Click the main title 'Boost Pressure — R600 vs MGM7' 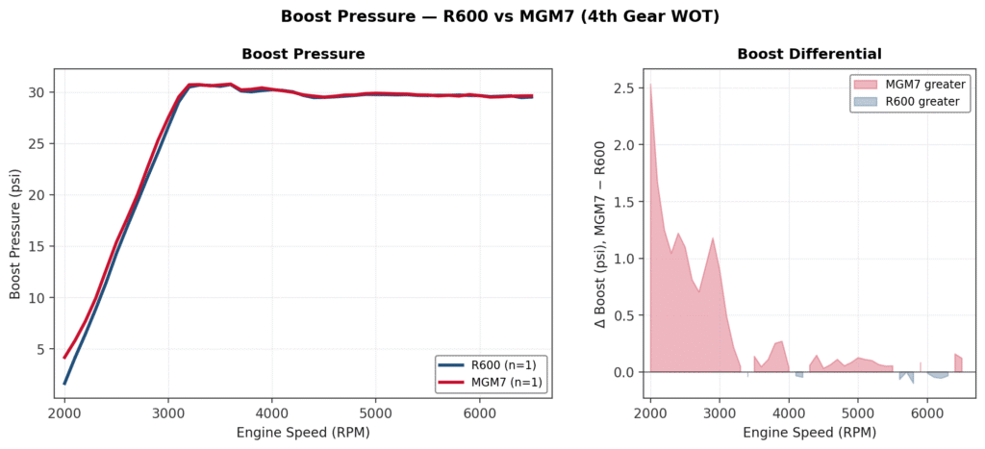(492, 16)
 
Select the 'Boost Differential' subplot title (809, 54)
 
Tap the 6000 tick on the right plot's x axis (926, 412)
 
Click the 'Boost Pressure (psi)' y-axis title (15, 233)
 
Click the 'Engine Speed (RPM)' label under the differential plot (809, 433)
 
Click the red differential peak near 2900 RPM (713, 238)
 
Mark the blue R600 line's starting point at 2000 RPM (64, 384)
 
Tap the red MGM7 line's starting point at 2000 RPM (64, 358)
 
